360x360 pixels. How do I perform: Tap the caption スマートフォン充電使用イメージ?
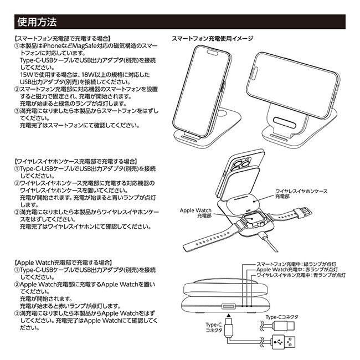pyautogui.click(x=212, y=39)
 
